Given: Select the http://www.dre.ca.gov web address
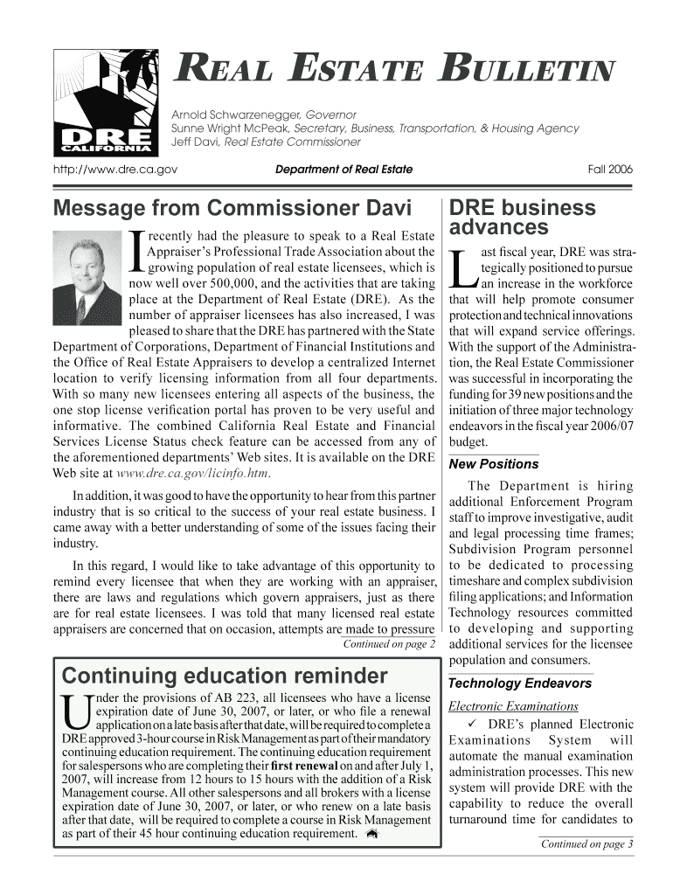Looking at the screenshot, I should [x=114, y=170].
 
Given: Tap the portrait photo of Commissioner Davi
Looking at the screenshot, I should [x=87, y=275].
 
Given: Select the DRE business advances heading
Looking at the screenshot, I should [x=522, y=218].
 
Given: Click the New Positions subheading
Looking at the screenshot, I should [x=493, y=464].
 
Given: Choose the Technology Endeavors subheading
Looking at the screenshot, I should [x=508, y=683].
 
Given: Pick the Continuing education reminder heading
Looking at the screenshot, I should [x=224, y=676].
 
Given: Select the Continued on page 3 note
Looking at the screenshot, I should [x=586, y=843].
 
